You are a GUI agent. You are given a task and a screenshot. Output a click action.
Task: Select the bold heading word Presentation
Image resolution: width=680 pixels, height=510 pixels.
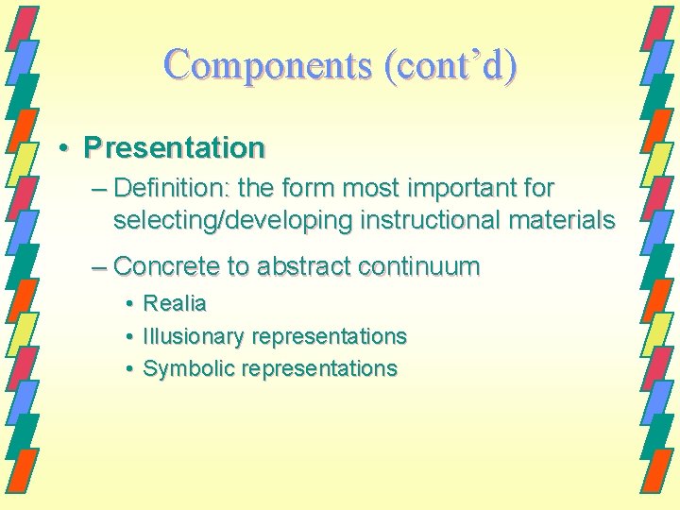(174, 147)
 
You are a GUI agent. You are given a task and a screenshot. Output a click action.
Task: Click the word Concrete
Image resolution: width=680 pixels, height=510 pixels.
(165, 266)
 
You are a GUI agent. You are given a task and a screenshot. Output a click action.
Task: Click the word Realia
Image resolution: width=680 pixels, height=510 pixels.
(174, 304)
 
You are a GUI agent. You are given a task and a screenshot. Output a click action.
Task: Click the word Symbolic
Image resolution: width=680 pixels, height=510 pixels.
(188, 368)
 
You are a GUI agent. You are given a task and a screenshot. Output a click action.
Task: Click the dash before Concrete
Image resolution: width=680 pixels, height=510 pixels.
(99, 267)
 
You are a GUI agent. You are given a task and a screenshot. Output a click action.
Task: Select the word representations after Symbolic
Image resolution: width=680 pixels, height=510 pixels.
(319, 368)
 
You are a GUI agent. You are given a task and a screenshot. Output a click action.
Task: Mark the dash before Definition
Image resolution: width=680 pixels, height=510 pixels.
(99, 189)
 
